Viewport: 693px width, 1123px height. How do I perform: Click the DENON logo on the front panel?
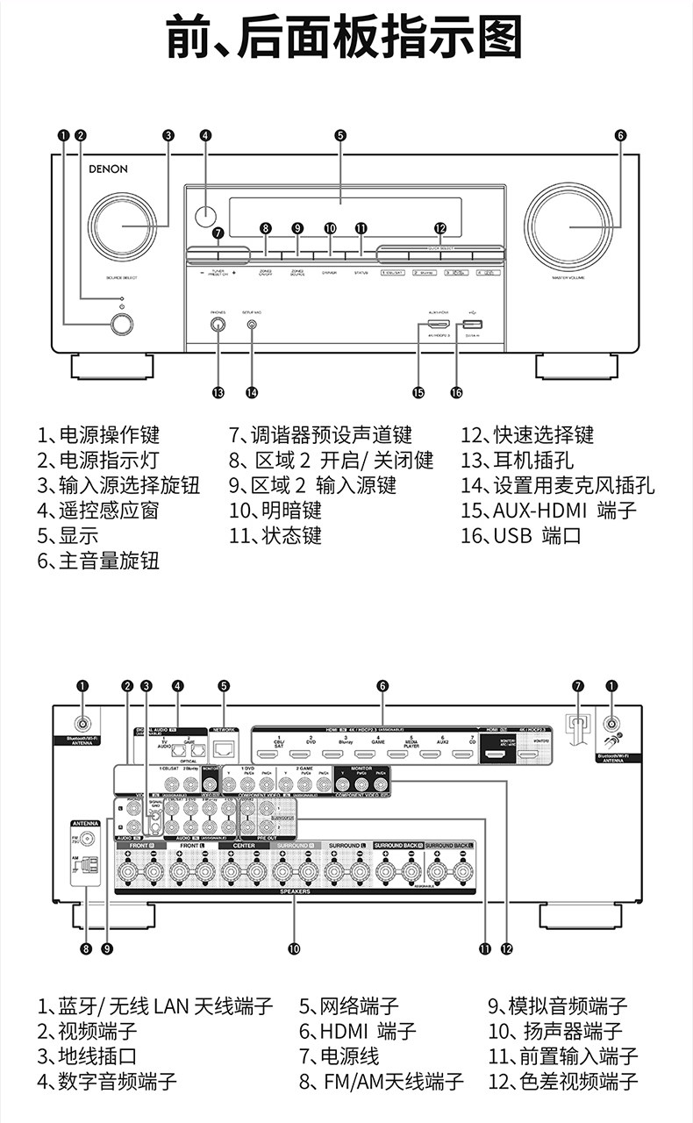tap(108, 169)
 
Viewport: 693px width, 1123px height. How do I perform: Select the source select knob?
tap(122, 225)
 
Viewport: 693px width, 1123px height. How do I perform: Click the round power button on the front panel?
tap(122, 324)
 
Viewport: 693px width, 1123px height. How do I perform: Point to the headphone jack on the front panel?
tap(218, 324)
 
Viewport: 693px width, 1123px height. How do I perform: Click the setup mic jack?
tap(252, 325)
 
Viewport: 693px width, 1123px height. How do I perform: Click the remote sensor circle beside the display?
tap(205, 214)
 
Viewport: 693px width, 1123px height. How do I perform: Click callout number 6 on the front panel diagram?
tap(620, 135)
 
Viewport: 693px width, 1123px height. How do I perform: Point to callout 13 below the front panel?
tap(218, 392)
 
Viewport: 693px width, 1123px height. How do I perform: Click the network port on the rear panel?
tap(225, 748)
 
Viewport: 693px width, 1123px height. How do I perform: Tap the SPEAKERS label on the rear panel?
tap(295, 891)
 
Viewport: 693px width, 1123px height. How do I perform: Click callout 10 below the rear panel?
tap(294, 948)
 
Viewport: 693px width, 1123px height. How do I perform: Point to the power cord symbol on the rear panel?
tap(576, 726)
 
